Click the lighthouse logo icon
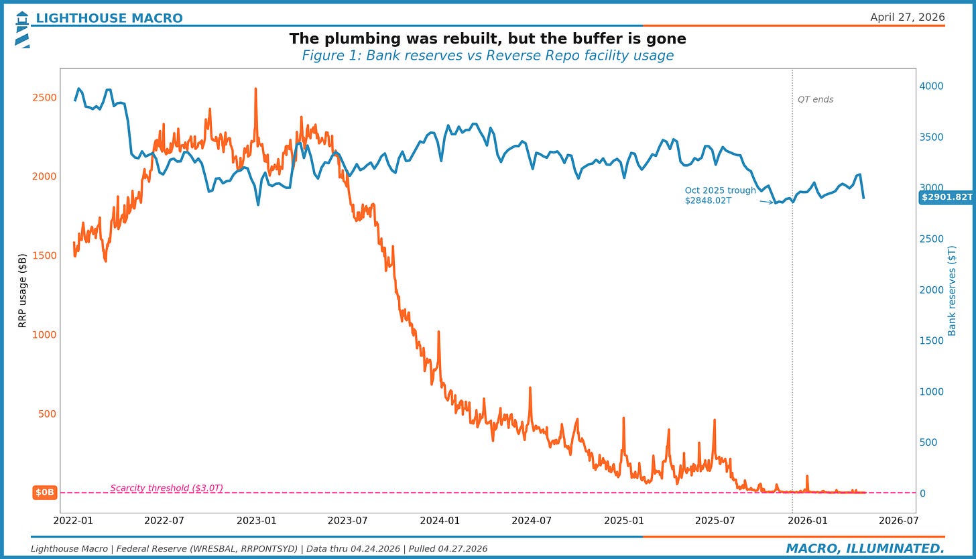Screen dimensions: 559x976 pyautogui.click(x=22, y=29)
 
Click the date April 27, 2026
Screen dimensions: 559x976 pyautogui.click(x=907, y=17)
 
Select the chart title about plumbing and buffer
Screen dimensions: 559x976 pyautogui.click(x=487, y=39)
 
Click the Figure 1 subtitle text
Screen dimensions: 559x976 pyautogui.click(x=487, y=56)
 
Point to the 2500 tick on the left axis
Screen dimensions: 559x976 pyautogui.click(x=44, y=97)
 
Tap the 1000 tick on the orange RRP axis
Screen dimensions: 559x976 pyautogui.click(x=44, y=334)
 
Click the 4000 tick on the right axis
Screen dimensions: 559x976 pyautogui.click(x=931, y=86)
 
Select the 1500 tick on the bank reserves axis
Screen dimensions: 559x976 pyautogui.click(x=931, y=340)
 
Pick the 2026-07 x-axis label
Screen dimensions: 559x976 pyautogui.click(x=898, y=520)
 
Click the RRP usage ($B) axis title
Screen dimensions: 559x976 pyautogui.click(x=22, y=290)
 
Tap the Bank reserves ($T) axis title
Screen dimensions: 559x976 pyautogui.click(x=952, y=290)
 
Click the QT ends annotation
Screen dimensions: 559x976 pyautogui.click(x=815, y=100)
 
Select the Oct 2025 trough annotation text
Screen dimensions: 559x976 pyautogui.click(x=720, y=195)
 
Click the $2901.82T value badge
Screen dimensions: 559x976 pyautogui.click(x=947, y=197)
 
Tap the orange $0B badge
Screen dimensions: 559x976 pyautogui.click(x=44, y=493)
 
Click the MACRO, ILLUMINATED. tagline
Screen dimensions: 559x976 pyautogui.click(x=865, y=549)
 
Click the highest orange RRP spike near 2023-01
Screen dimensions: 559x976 pyautogui.click(x=255, y=89)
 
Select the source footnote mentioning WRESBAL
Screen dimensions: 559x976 pyautogui.click(x=259, y=549)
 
